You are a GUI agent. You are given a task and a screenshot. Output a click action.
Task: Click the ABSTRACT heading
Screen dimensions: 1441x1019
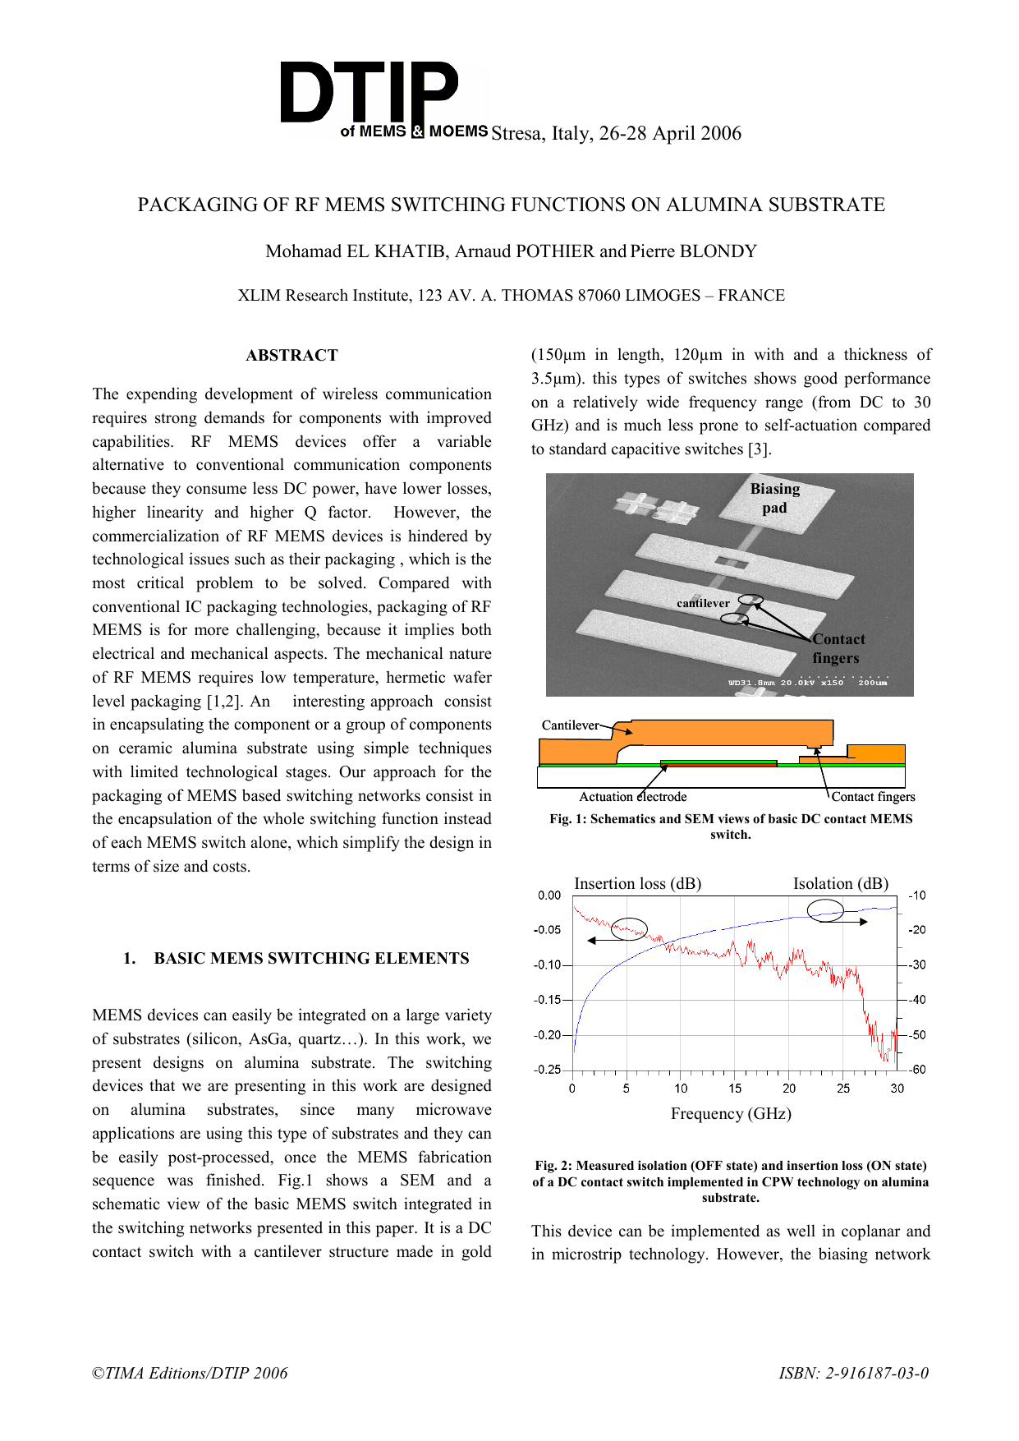tap(291, 355)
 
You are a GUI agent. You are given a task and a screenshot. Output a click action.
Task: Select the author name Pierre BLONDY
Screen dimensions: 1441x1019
tap(694, 251)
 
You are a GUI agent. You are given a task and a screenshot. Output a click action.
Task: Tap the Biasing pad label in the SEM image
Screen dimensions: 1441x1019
tap(774, 498)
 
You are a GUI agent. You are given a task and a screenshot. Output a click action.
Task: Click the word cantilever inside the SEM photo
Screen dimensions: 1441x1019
tap(703, 603)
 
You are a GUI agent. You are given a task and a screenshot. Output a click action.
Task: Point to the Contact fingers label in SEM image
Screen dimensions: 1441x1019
tap(838, 648)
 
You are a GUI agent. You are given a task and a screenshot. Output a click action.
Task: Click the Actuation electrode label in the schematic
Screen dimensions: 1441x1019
tap(632, 797)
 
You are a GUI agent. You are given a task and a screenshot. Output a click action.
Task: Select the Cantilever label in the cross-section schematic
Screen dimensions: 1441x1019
tap(570, 725)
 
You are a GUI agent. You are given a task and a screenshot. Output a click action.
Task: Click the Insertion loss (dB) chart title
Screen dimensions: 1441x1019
tap(637, 884)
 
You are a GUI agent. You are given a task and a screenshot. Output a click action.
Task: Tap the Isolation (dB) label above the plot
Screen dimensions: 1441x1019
tap(840, 884)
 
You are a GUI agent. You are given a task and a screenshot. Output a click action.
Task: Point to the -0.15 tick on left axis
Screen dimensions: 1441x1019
tap(548, 1000)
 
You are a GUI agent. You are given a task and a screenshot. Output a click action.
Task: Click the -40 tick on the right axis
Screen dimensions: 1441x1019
tap(917, 1000)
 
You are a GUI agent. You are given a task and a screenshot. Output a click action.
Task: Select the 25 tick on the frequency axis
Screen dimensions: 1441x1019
tap(843, 1089)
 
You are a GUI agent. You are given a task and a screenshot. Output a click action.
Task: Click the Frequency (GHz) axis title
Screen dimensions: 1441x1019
tap(731, 1114)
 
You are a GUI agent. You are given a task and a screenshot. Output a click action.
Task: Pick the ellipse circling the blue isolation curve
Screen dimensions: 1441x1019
tap(825, 910)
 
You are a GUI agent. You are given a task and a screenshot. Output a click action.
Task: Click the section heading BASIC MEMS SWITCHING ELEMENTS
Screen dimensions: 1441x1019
tap(311, 958)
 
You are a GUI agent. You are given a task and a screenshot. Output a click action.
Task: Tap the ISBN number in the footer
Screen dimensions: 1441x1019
tap(854, 1373)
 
